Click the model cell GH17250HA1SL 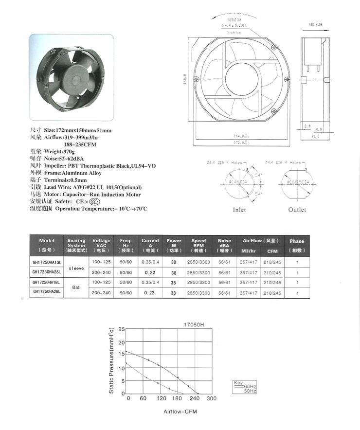pos(47,262)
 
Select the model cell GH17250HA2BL pos(47,292)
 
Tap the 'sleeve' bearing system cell pos(76,267)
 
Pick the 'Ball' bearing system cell pos(76,287)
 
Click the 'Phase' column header pos(297,241)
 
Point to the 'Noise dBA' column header pos(224,243)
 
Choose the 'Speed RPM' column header pos(198,243)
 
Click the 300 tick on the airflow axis pos(212,399)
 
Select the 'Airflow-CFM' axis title pos(180,412)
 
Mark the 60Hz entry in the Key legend pos(250,386)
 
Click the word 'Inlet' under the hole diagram pos(239,210)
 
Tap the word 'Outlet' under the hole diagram pos(297,210)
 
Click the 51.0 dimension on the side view pos(315,137)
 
